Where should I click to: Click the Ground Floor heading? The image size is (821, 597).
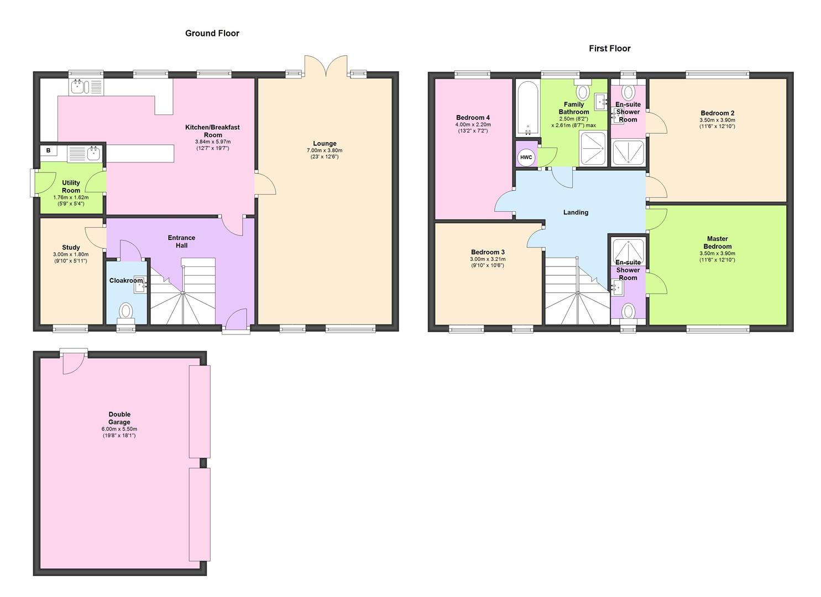tap(212, 33)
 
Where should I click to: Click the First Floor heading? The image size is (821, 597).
tap(609, 49)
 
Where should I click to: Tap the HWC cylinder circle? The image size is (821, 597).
tap(526, 158)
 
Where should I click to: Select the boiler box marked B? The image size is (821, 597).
tap(49, 150)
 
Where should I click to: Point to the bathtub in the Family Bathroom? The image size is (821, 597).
tap(528, 108)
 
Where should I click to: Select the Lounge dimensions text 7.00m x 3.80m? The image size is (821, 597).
tap(325, 150)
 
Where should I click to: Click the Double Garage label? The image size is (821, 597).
tap(119, 418)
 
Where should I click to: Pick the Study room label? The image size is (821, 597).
tap(71, 247)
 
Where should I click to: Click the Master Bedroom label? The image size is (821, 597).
tap(717, 243)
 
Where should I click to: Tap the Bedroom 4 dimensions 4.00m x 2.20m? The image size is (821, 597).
tap(473, 124)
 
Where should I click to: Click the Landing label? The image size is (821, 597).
tap(576, 212)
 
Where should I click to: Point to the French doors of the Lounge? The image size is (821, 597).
tap(326, 66)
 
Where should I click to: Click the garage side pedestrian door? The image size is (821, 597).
tap(73, 362)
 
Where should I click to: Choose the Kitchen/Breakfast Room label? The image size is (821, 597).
tap(212, 131)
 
